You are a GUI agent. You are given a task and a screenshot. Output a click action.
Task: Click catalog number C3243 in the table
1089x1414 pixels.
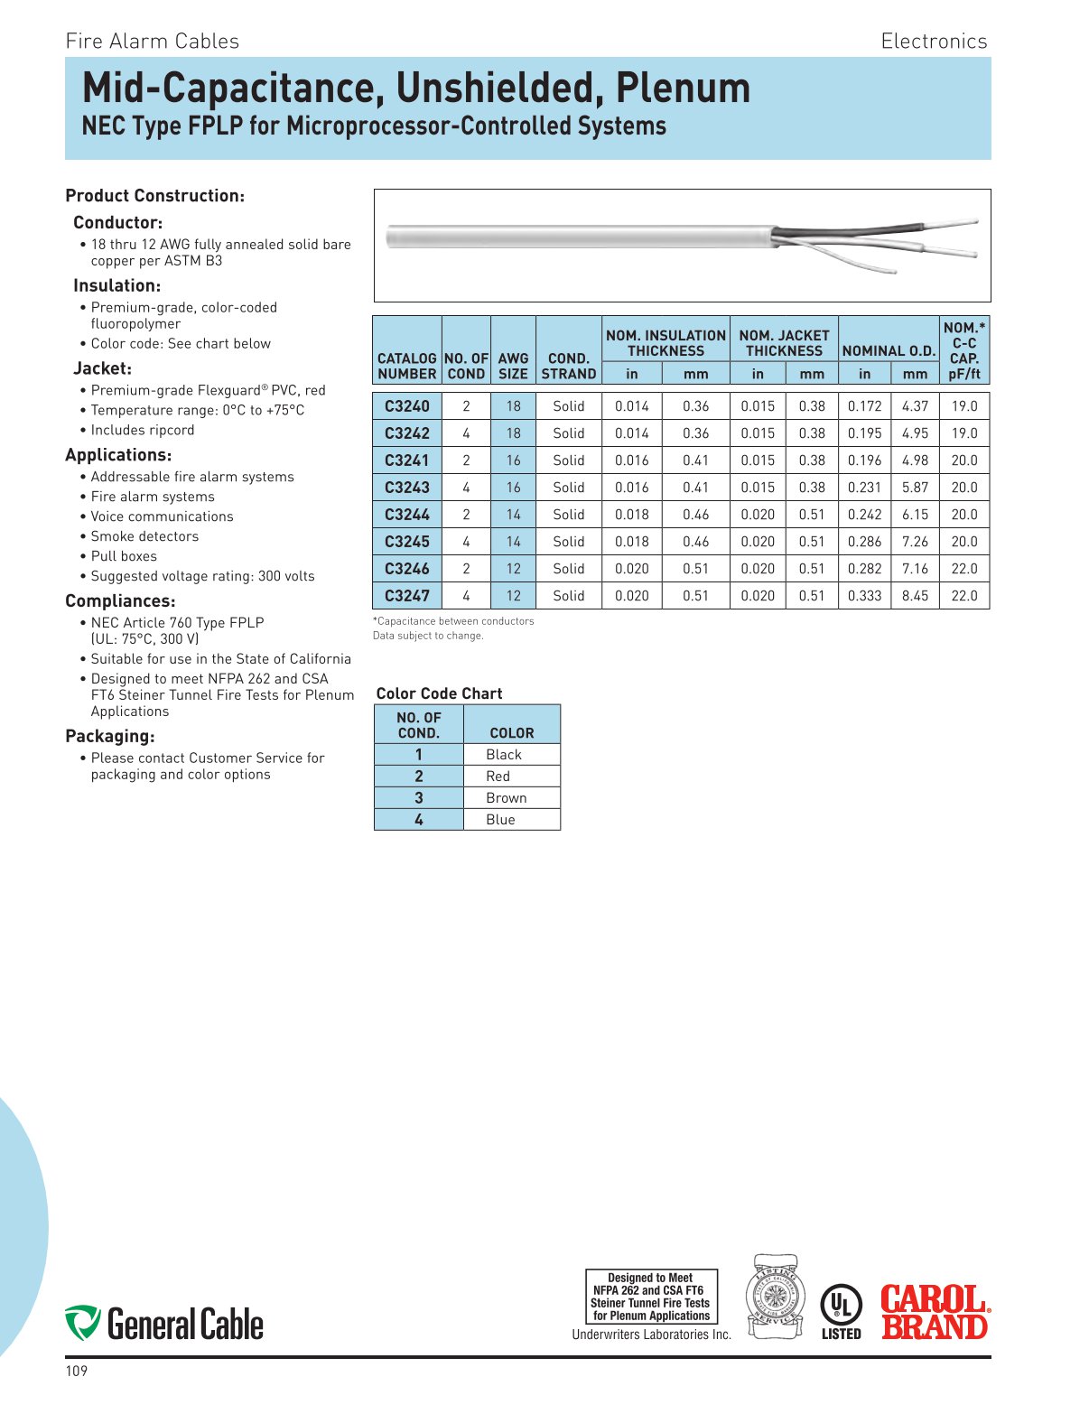tap(407, 488)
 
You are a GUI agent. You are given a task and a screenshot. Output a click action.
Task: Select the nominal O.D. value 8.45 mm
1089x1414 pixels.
tap(915, 596)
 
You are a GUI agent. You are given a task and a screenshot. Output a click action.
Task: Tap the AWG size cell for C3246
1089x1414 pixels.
tap(513, 569)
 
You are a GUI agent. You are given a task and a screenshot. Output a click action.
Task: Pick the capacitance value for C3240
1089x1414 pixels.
tap(963, 406)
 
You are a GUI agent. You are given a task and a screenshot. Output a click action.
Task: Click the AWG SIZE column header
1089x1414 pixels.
tap(513, 366)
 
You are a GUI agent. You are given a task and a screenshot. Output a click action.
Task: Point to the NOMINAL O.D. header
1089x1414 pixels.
tap(889, 351)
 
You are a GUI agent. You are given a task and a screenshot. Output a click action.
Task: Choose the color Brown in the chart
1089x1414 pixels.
tap(506, 798)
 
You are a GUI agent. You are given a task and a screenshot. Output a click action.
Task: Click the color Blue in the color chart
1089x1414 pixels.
tap(500, 820)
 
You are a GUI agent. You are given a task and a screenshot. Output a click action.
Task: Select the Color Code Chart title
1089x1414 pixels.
tap(439, 693)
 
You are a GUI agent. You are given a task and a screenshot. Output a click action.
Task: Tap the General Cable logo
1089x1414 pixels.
tap(164, 1324)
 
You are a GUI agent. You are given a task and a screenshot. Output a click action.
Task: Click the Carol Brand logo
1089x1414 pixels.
tap(935, 1312)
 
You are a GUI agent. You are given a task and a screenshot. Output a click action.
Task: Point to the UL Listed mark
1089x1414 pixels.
tap(841, 1311)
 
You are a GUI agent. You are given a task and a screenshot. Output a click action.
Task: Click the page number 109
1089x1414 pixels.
tap(77, 1372)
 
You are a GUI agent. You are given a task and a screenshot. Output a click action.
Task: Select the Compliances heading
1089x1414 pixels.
tap(120, 601)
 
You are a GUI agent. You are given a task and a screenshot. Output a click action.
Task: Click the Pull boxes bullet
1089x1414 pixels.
tap(124, 556)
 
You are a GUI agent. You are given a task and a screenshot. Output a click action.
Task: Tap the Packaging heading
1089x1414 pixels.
tap(110, 736)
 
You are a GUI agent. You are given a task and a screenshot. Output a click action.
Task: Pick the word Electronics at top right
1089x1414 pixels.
tap(934, 42)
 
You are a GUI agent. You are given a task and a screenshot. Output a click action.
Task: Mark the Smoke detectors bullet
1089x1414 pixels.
tap(144, 536)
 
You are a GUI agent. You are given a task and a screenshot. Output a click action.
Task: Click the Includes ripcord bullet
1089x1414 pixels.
tap(143, 430)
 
